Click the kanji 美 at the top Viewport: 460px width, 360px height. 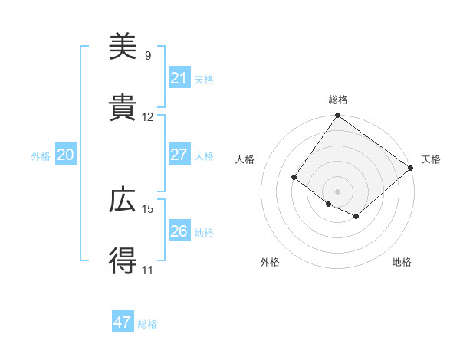tap(123, 47)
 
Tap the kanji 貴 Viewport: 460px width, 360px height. tap(123, 109)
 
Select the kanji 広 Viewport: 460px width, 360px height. tap(123, 201)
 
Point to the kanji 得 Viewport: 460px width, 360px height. tap(123, 262)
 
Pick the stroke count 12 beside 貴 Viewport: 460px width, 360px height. tap(148, 117)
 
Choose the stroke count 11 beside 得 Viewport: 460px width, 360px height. tap(148, 270)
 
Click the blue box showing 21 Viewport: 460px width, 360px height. tap(179, 78)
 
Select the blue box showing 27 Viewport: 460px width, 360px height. tap(179, 155)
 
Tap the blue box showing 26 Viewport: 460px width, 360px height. tap(179, 231)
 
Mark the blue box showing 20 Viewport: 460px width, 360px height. tap(65, 155)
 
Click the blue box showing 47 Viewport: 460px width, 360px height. tap(123, 322)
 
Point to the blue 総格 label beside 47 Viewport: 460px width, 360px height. tap(147, 324)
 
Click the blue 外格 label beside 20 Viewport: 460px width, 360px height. tap(41, 156)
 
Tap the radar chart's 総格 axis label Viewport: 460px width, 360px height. tap(338, 100)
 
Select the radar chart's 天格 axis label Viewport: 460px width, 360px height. tap(431, 159)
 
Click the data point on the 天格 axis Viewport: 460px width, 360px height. tap(411, 168)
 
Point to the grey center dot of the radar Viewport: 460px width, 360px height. tap(338, 191)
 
